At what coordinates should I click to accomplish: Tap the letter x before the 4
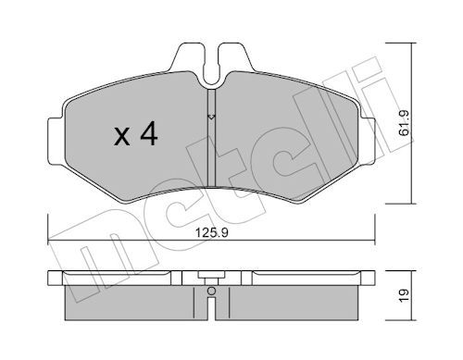119,138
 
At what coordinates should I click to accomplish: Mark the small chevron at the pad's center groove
211,118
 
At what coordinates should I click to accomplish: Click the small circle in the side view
211,292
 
